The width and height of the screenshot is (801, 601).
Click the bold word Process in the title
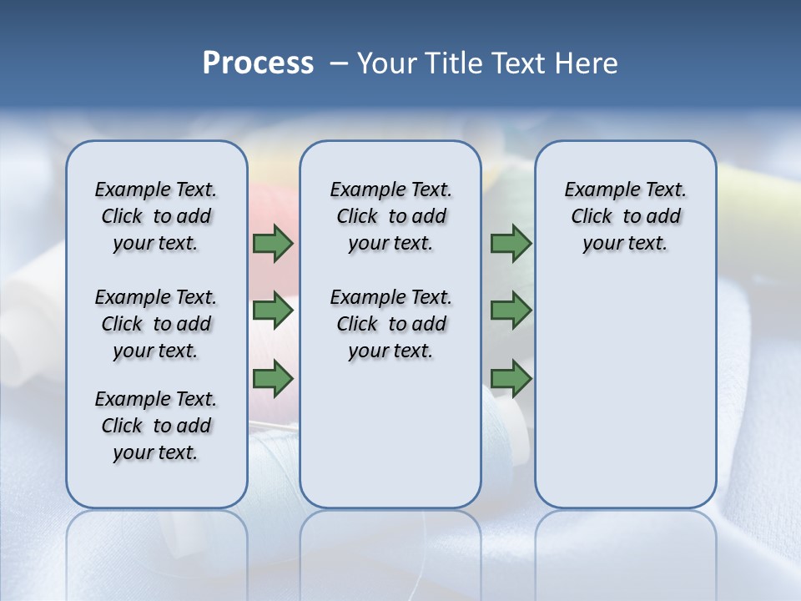tap(258, 63)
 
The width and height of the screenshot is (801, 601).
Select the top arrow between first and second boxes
tap(273, 244)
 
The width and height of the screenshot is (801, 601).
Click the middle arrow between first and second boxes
tap(273, 311)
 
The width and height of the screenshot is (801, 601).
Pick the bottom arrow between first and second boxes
tap(273, 379)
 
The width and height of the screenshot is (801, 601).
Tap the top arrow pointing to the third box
tap(511, 244)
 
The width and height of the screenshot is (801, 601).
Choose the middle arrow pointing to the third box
tap(511, 311)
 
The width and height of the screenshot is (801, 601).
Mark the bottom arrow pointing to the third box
tap(511, 379)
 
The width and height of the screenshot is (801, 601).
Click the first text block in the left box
tap(156, 216)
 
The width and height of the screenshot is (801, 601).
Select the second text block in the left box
tap(156, 324)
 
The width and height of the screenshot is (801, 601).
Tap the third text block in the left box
tap(156, 426)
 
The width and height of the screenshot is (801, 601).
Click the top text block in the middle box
tap(390, 216)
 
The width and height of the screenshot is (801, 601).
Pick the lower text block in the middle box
tap(390, 324)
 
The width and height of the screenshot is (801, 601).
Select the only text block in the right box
tap(625, 216)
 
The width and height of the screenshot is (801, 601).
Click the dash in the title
tap(339, 63)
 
